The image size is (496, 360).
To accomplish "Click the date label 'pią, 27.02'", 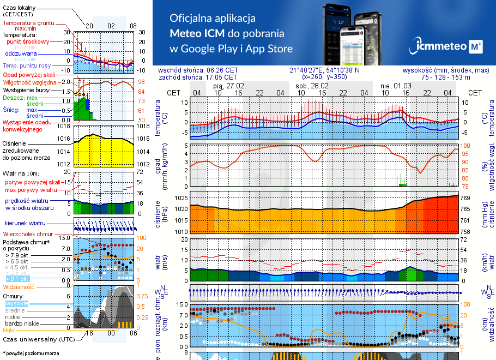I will [x=228, y=86].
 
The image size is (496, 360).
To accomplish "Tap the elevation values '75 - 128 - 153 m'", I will [x=445, y=77].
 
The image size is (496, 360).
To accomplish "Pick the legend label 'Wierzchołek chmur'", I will [x=27, y=234].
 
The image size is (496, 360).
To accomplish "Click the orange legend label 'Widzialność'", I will [x=19, y=286].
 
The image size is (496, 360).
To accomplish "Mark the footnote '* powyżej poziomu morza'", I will [x=31, y=353].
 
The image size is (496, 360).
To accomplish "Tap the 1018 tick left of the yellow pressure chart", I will [x=64, y=126].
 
